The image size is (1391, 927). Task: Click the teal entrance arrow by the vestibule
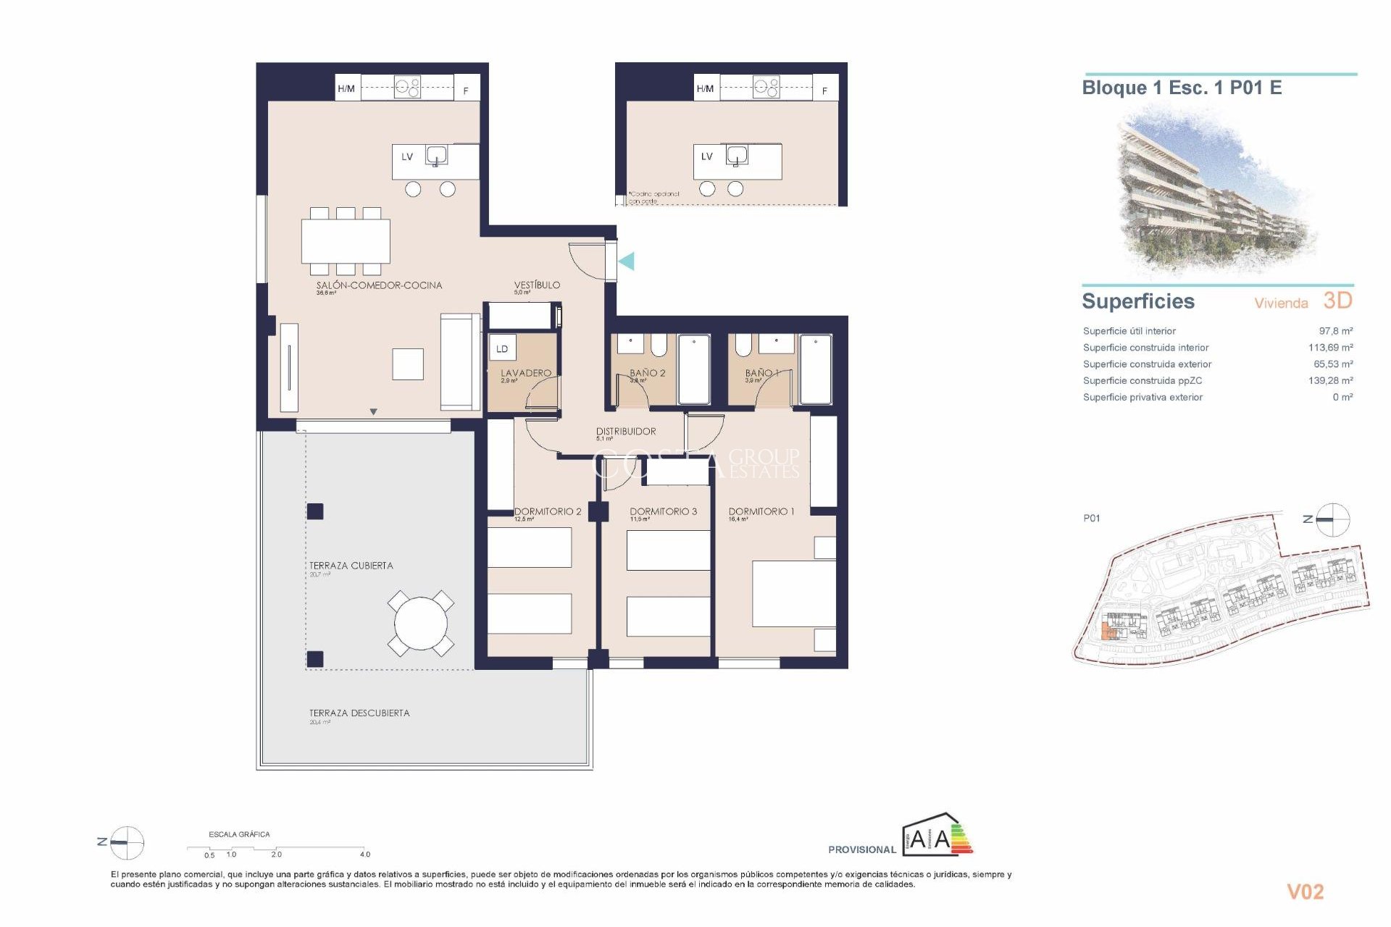(627, 261)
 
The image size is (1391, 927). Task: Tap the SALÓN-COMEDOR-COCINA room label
(379, 285)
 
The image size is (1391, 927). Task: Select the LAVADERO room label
(526, 373)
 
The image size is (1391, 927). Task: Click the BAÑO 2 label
(647, 373)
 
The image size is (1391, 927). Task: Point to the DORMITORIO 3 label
(663, 511)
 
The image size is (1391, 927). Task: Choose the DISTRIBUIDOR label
(626, 431)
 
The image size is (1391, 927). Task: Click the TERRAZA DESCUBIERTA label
(359, 713)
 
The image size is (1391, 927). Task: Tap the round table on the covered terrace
(421, 624)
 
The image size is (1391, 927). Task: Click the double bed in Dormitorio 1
(794, 593)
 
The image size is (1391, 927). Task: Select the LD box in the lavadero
(502, 348)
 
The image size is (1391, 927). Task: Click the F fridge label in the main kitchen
(466, 91)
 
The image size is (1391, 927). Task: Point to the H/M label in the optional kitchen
(705, 88)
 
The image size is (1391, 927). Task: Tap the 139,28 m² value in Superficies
(1330, 380)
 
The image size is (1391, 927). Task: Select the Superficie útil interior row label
(1129, 331)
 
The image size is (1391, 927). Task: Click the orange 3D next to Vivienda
(1337, 301)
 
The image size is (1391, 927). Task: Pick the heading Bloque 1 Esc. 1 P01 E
(1182, 88)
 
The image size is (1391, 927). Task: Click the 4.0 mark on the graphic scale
(364, 854)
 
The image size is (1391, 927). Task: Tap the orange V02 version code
(1305, 892)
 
